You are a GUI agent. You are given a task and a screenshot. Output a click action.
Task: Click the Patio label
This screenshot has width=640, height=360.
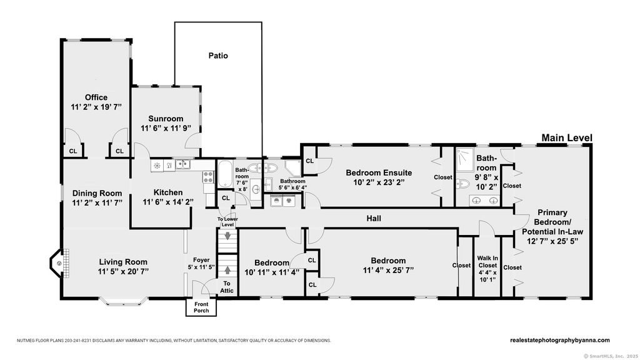point(218,56)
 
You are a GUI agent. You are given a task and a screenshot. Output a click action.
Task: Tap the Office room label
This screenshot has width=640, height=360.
point(96,97)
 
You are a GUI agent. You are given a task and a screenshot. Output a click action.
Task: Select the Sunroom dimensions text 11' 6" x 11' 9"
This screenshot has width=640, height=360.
point(166,128)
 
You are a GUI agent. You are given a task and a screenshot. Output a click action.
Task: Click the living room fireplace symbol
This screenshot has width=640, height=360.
point(59,263)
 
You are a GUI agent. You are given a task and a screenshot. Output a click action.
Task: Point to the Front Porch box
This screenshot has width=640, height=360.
point(201,307)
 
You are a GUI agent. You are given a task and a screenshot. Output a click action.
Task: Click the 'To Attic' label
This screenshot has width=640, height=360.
point(226,287)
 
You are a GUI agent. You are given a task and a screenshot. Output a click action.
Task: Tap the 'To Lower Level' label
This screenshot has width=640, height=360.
point(227,222)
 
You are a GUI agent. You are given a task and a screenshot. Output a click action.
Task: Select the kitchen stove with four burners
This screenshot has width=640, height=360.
point(208,177)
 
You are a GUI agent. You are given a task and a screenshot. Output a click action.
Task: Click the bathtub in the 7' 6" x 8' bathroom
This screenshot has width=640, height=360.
point(224,174)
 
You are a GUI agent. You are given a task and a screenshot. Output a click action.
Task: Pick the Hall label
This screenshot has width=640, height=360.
point(374,218)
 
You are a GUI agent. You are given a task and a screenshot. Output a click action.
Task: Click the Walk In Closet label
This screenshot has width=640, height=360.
point(487,262)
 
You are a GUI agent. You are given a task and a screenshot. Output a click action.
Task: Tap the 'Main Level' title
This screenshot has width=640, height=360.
point(566,138)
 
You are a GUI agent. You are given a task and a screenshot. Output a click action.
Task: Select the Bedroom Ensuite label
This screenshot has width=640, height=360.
point(379,172)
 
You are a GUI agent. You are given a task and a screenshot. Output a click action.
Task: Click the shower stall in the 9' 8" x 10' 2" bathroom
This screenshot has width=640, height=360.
point(464,157)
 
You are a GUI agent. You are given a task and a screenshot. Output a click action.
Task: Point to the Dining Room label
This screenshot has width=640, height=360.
point(97,193)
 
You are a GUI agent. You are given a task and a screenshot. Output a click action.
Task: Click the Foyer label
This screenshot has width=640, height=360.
point(201,260)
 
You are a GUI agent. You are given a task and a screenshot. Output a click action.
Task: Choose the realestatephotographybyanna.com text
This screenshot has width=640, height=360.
point(560,340)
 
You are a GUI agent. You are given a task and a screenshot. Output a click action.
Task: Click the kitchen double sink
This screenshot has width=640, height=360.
point(182,164)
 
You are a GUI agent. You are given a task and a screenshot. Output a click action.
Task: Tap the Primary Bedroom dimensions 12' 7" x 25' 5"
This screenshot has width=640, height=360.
point(552,241)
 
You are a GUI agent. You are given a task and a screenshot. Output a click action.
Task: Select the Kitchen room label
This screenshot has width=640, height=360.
point(167,192)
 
